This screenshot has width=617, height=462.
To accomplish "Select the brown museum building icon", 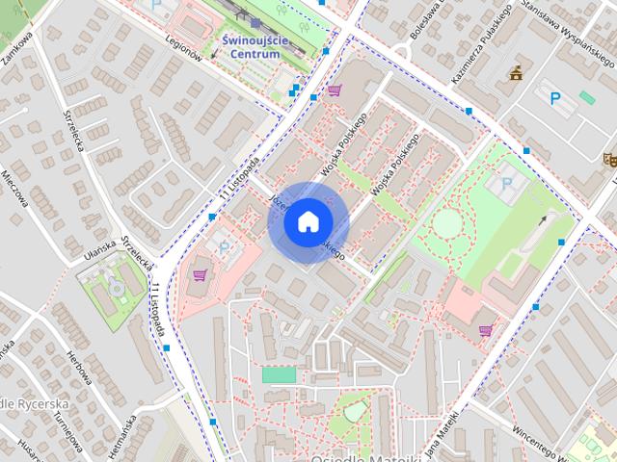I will (x=517, y=72).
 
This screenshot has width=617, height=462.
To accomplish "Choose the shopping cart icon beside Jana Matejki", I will (x=484, y=330).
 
